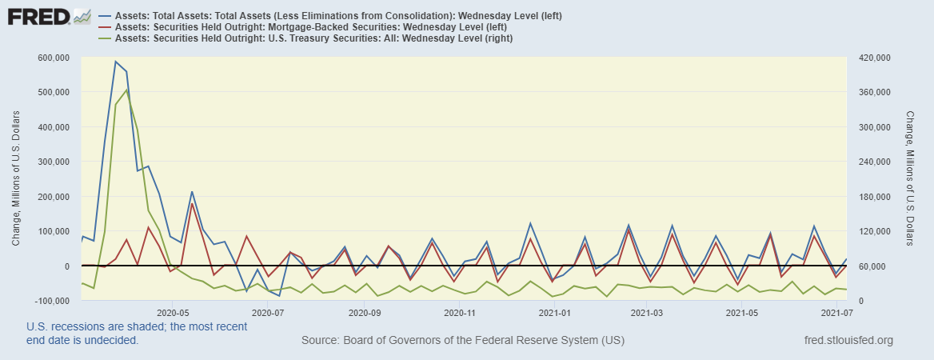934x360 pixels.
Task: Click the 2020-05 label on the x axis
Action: click(x=172, y=314)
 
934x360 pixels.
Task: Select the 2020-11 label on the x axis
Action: click(x=460, y=314)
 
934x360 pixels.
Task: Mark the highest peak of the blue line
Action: click(x=115, y=62)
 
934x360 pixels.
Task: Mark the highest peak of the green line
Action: click(x=127, y=90)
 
